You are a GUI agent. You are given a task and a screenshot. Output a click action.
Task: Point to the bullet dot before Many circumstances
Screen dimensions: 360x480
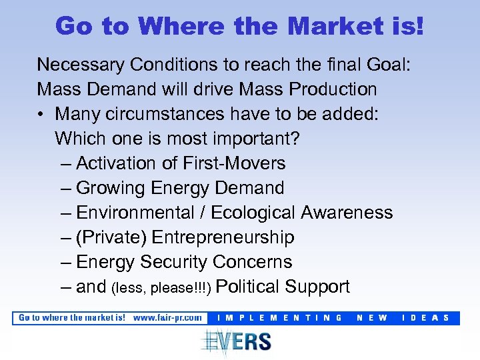point(41,114)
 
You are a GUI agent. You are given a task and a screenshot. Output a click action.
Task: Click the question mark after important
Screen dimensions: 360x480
point(299,139)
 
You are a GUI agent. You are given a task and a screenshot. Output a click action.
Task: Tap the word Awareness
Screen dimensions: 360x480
point(347,213)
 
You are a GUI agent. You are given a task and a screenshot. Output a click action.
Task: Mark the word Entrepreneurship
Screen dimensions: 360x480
point(223,237)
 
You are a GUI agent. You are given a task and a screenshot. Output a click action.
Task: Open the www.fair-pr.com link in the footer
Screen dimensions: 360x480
point(167,318)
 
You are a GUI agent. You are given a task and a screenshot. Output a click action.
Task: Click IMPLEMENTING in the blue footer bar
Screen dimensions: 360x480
point(281,318)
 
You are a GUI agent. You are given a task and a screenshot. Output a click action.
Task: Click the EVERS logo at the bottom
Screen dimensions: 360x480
point(237,341)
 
